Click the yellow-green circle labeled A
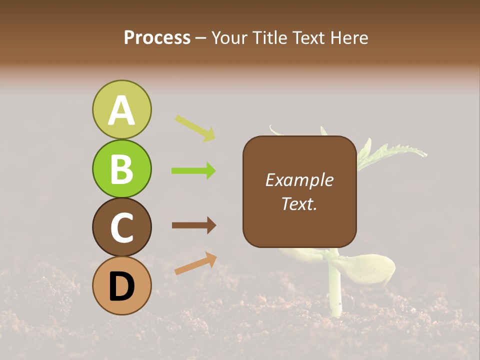click(x=121, y=109)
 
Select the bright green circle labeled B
click(x=121, y=168)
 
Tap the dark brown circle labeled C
click(x=121, y=227)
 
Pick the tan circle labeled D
click(x=121, y=285)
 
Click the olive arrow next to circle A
click(x=195, y=128)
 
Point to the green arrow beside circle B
click(x=193, y=171)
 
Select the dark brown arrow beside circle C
click(x=193, y=225)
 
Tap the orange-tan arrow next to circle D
click(x=195, y=263)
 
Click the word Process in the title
click(x=157, y=38)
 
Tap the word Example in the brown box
click(x=299, y=180)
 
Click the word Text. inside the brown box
click(x=299, y=203)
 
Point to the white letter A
click(x=121, y=110)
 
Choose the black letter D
click(x=121, y=286)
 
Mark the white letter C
click(x=121, y=228)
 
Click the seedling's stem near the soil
click(x=334, y=295)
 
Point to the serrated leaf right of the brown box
click(x=395, y=150)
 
